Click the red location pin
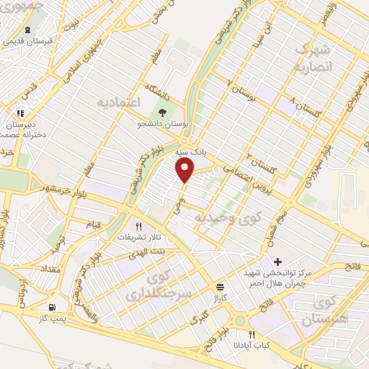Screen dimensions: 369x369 (185, 170)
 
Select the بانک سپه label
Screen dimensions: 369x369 (192, 154)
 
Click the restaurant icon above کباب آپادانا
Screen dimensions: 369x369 (252, 334)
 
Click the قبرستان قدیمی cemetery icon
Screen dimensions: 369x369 (27, 30)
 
